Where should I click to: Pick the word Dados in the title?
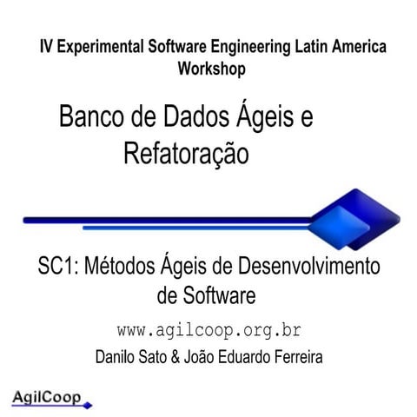click(x=200, y=117)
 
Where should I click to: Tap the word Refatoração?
click(x=186, y=154)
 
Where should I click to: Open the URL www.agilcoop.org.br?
click(x=208, y=331)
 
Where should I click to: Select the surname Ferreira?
click(x=294, y=356)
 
